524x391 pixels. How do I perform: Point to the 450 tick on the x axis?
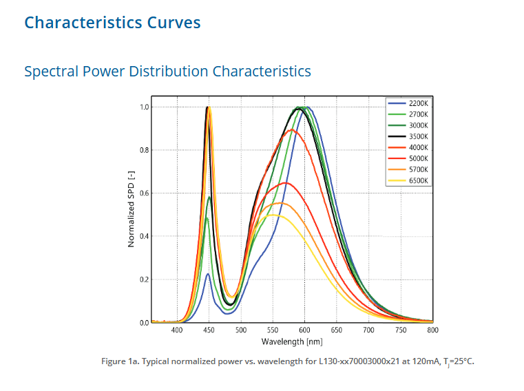pyautogui.click(x=209, y=330)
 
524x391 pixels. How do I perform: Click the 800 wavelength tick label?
pyautogui.click(x=432, y=330)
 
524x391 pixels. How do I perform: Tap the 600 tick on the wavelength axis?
pyautogui.click(x=304, y=330)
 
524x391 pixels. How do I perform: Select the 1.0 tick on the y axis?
pyautogui.click(x=144, y=107)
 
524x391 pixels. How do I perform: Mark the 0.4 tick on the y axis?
pyautogui.click(x=144, y=236)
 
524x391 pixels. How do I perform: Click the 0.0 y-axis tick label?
pyautogui.click(x=144, y=322)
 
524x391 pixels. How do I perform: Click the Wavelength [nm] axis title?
pyautogui.click(x=291, y=341)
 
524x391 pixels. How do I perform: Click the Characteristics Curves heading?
pyautogui.click(x=112, y=23)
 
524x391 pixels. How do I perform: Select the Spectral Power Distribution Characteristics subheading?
pyautogui.click(x=167, y=71)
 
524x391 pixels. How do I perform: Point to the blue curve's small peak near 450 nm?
pyautogui.click(x=208, y=274)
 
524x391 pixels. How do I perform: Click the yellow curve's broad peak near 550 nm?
pyautogui.click(x=273, y=215)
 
